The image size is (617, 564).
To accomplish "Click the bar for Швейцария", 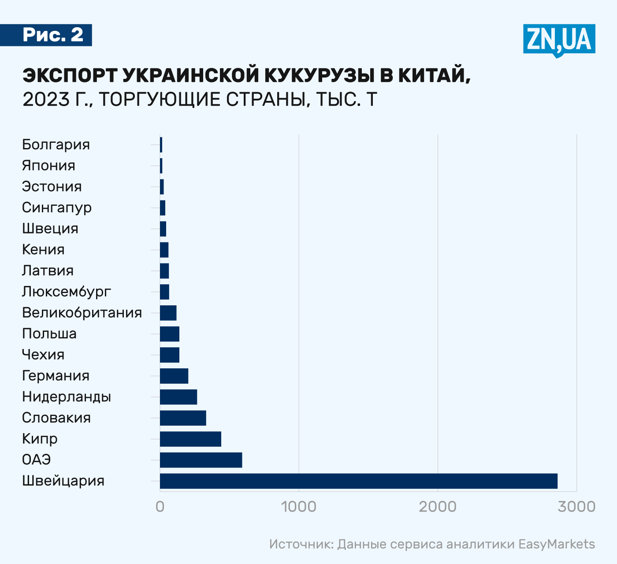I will pyautogui.click(x=358, y=481).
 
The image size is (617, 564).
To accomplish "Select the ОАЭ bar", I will pyautogui.click(x=201, y=460).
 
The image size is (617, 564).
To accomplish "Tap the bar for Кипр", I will pyautogui.click(x=190, y=439).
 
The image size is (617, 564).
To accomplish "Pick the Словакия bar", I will pyautogui.click(x=183, y=418).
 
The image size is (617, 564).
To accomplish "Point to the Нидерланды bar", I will pyautogui.click(x=178, y=397).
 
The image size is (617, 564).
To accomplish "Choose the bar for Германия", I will pyautogui.click(x=174, y=376).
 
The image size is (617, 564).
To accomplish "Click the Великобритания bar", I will pyautogui.click(x=168, y=313).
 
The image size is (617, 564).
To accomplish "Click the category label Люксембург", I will pyautogui.click(x=67, y=292).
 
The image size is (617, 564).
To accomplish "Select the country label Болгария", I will pyautogui.click(x=56, y=145).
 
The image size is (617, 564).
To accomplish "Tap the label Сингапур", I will pyautogui.click(x=57, y=208).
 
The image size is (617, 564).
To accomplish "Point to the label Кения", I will pyautogui.click(x=43, y=250).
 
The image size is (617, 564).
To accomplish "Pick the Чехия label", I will pyautogui.click(x=43, y=355).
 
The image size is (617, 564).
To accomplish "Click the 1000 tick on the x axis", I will pyautogui.click(x=299, y=507).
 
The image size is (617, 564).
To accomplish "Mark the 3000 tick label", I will pyautogui.click(x=576, y=507).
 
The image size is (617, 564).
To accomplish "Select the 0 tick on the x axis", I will pyautogui.click(x=160, y=507).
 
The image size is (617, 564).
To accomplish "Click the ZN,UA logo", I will pyautogui.click(x=559, y=40).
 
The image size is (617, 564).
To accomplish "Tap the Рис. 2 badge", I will pyautogui.click(x=53, y=35).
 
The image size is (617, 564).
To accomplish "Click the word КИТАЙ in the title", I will pyautogui.click(x=435, y=75).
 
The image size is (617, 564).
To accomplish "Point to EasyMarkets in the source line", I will pyautogui.click(x=557, y=544).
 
